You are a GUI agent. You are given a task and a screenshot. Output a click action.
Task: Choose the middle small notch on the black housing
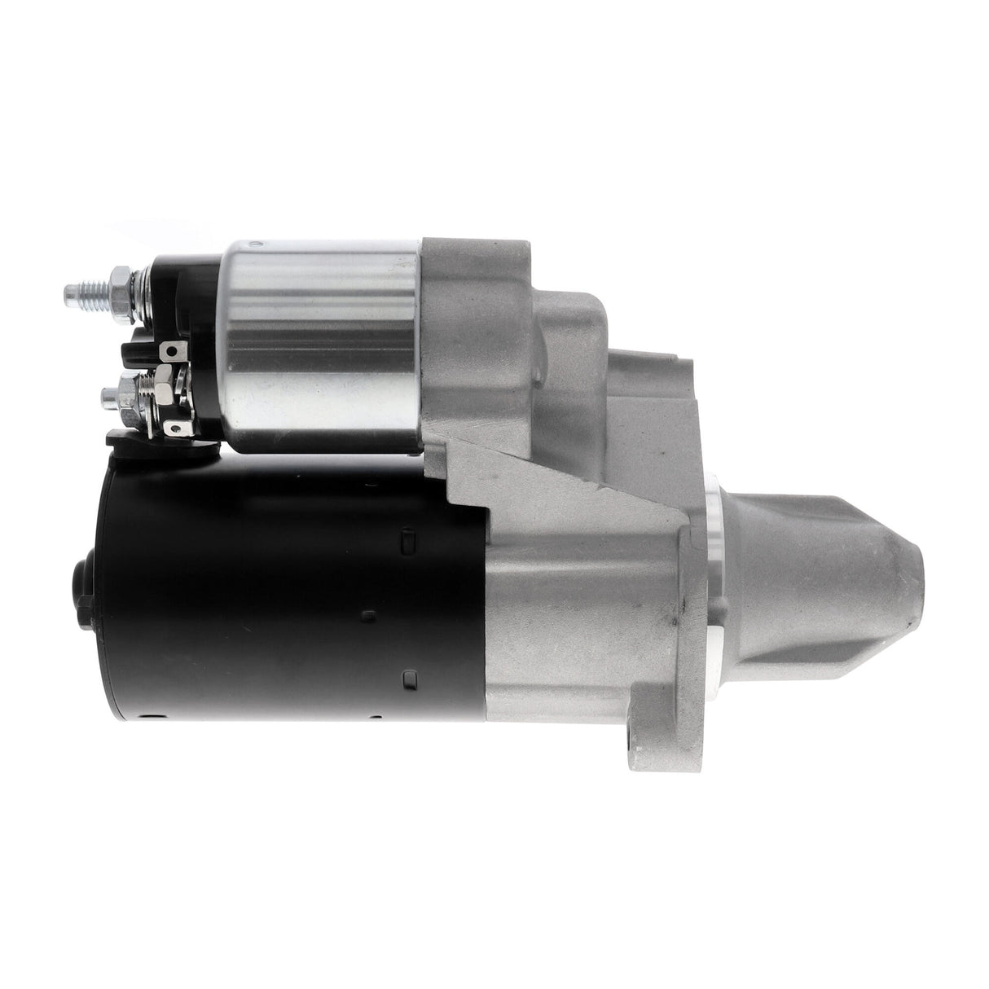click(x=368, y=613)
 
